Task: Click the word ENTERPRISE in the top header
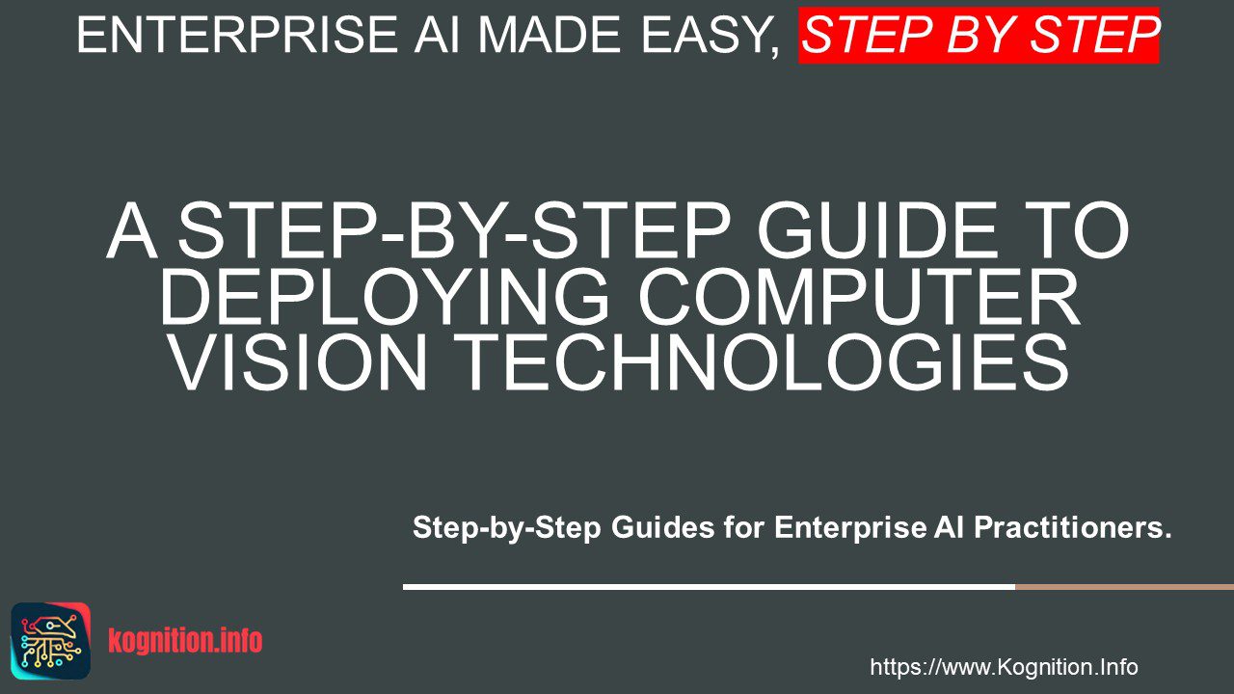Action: point(237,35)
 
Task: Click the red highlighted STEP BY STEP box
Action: point(979,36)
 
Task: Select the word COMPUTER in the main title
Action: point(858,298)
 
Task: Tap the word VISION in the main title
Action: point(298,363)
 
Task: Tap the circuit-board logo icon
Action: point(51,641)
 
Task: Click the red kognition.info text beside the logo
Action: point(185,641)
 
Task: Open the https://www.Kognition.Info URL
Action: point(1004,667)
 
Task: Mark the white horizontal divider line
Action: point(709,587)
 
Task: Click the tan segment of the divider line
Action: point(1124,587)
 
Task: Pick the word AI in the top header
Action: point(437,35)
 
